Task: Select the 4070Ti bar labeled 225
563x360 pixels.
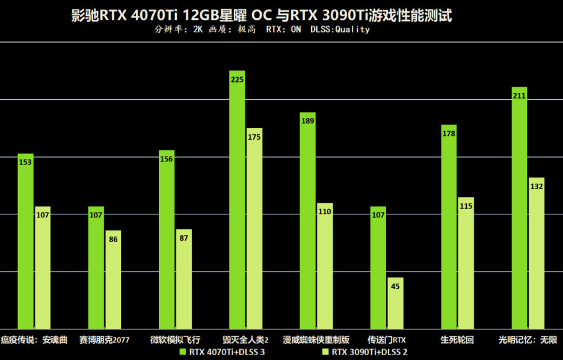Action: click(237, 199)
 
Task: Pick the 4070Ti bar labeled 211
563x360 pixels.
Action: click(519, 207)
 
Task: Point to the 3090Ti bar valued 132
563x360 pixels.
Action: click(537, 253)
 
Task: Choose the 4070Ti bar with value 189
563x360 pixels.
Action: click(307, 220)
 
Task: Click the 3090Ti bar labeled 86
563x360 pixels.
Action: click(113, 279)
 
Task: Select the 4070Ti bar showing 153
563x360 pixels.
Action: click(25, 241)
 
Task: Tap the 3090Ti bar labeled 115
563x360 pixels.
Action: click(466, 262)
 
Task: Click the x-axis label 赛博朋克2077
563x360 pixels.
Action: click(104, 340)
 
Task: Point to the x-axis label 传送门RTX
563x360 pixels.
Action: click(387, 340)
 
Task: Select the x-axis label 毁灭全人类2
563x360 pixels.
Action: click(245, 340)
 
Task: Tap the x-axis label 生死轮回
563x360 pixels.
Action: click(457, 340)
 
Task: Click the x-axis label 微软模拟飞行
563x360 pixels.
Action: click(175, 340)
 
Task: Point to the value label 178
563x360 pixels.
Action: click(449, 134)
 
